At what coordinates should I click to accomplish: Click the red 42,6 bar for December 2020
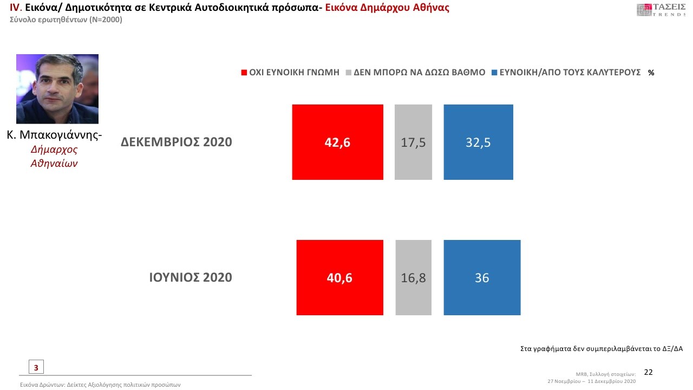coord(337,142)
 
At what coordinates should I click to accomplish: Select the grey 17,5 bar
coord(413,142)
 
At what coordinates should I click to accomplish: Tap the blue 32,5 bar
coord(478,142)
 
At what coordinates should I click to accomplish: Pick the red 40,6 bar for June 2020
coord(339,277)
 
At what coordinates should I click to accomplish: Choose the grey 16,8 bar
coord(413,277)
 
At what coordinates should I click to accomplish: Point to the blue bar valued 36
coord(482,277)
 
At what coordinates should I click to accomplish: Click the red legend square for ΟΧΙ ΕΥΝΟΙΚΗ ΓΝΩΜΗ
coord(244,73)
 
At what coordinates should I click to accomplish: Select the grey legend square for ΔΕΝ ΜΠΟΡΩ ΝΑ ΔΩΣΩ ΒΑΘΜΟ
coord(349,73)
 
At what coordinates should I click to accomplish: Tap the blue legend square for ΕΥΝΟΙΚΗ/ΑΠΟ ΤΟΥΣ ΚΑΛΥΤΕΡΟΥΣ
coord(495,73)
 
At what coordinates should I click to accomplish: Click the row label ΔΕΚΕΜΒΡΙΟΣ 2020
coord(176,142)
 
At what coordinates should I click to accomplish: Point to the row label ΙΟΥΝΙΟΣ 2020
coord(191,278)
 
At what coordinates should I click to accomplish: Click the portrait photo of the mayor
coord(57,89)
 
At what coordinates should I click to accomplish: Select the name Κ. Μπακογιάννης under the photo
coord(54,135)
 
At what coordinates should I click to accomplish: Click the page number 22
coord(648,372)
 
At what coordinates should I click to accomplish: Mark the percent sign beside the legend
coord(651,73)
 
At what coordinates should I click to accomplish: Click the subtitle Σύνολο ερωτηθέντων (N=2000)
coord(66,20)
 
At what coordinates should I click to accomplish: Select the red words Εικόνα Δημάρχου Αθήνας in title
coord(387,8)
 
